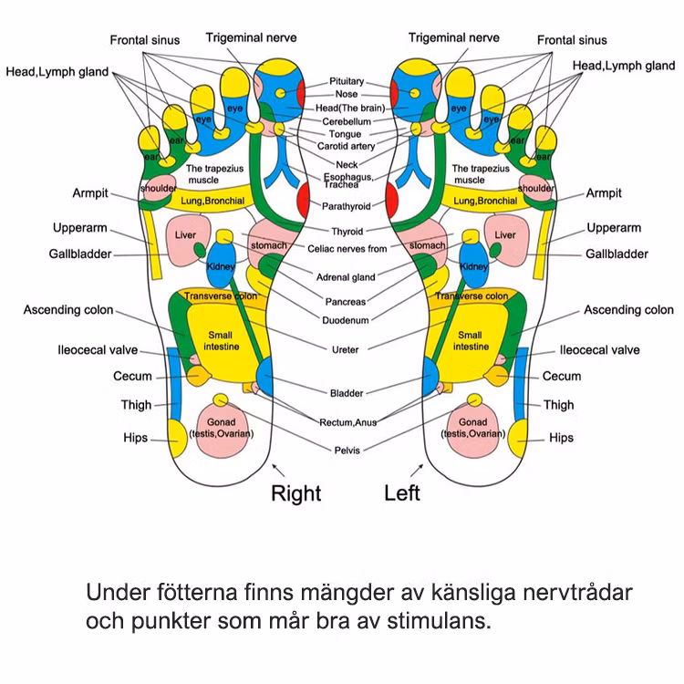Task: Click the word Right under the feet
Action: [296, 493]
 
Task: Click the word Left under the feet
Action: [402, 492]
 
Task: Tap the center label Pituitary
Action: [347, 81]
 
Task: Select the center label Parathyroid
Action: [347, 207]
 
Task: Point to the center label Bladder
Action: [347, 393]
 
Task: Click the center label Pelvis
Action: [347, 450]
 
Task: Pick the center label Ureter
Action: [347, 349]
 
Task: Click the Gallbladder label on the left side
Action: [80, 254]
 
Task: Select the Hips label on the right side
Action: [562, 438]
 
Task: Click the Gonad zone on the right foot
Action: [221, 428]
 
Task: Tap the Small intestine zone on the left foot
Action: [470, 341]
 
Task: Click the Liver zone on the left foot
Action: [505, 240]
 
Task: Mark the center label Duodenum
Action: [347, 320]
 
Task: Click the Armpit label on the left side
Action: [90, 193]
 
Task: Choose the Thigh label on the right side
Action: [559, 405]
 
